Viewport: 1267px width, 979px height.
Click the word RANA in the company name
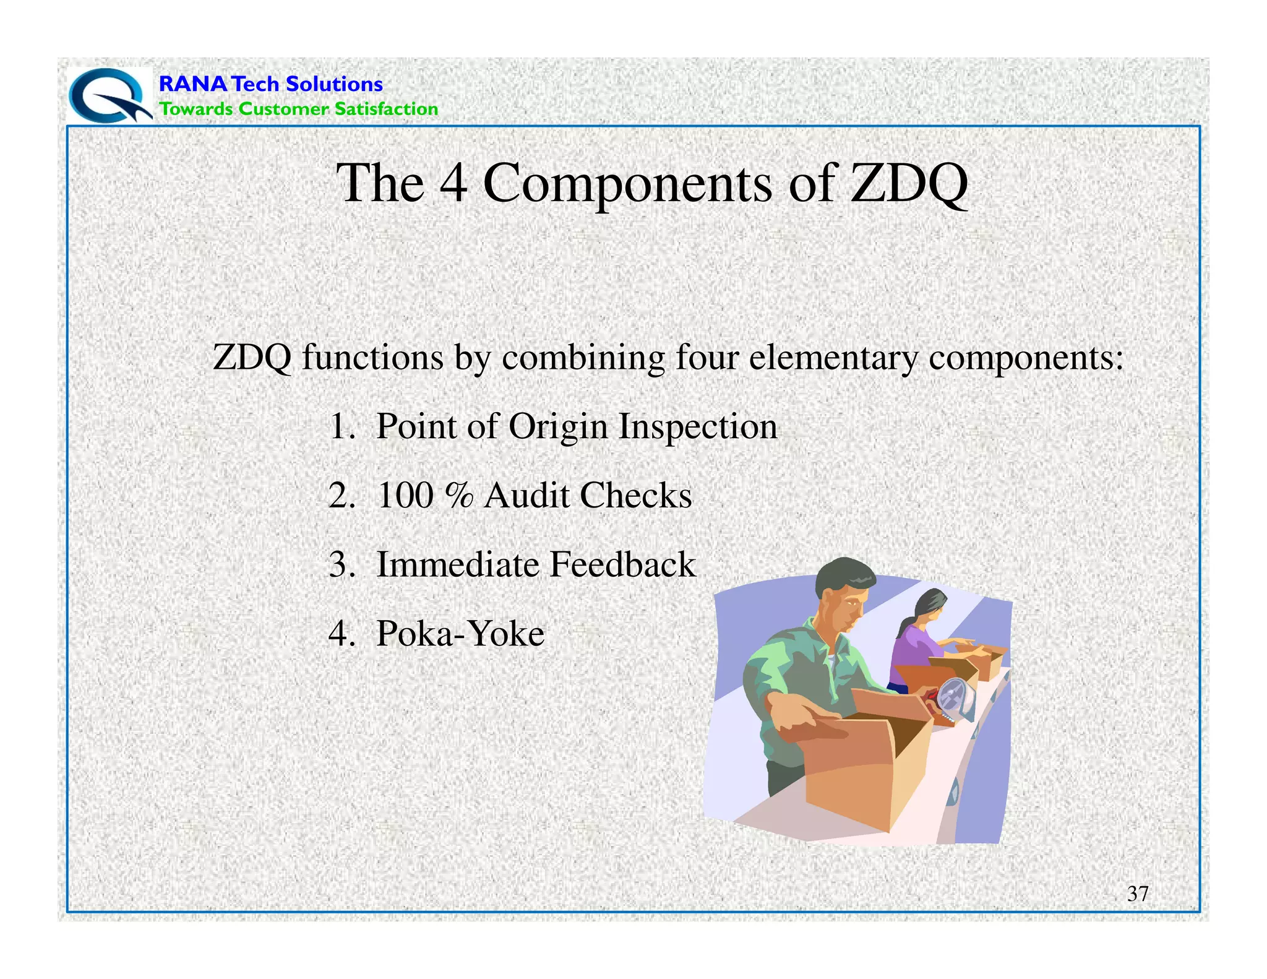pyautogui.click(x=193, y=84)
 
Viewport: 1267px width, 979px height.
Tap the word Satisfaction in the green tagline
pyautogui.click(x=386, y=109)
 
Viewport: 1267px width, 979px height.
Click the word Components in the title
pyautogui.click(x=627, y=184)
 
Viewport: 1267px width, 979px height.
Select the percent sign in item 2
pyautogui.click(x=459, y=496)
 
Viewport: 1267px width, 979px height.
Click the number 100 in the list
pyautogui.click(x=405, y=496)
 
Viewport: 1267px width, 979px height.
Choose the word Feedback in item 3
pyautogui.click(x=622, y=564)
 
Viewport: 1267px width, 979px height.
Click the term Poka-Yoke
pyautogui.click(x=460, y=634)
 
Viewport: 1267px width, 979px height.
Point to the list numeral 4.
pyautogui.click(x=339, y=634)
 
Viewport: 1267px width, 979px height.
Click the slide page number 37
pyautogui.click(x=1138, y=894)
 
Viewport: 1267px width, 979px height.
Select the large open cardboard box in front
pyautogui.click(x=866, y=767)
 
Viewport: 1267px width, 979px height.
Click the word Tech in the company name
pyautogui.click(x=256, y=84)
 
